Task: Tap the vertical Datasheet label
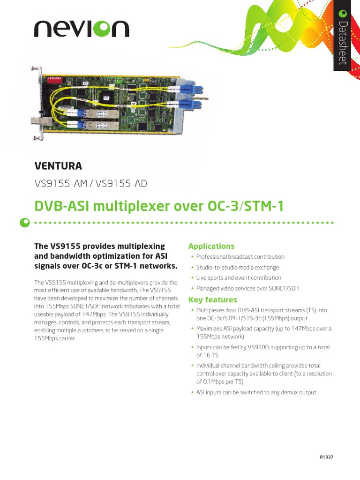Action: click(343, 44)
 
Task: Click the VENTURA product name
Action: click(58, 165)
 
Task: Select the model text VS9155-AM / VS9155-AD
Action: click(90, 183)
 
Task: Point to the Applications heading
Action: click(211, 246)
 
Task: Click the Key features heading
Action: click(212, 300)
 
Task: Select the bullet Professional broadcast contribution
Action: click(240, 257)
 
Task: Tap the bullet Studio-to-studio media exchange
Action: click(237, 267)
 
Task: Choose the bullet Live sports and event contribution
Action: click(239, 278)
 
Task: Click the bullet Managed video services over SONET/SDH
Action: click(247, 289)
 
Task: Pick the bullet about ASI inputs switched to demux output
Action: click(256, 392)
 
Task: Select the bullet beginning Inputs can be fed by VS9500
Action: click(262, 351)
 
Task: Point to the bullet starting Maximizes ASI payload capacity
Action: click(263, 332)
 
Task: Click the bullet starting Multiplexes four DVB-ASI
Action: click(262, 314)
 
